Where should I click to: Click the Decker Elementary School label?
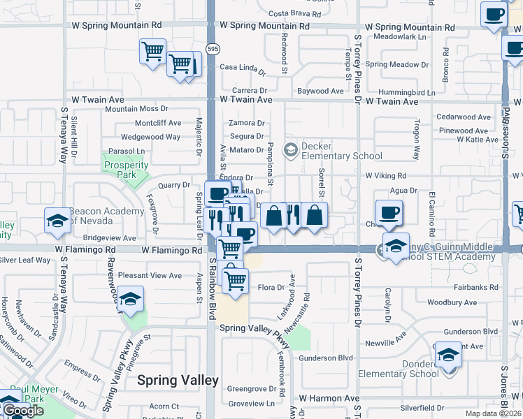342,151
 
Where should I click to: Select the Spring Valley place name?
178,381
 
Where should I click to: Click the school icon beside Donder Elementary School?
448,355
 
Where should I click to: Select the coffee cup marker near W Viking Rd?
389,212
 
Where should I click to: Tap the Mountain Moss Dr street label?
136,109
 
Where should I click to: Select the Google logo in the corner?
23,411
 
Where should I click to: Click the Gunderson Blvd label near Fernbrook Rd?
327,358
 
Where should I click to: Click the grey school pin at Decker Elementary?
289,149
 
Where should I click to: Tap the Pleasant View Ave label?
150,276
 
